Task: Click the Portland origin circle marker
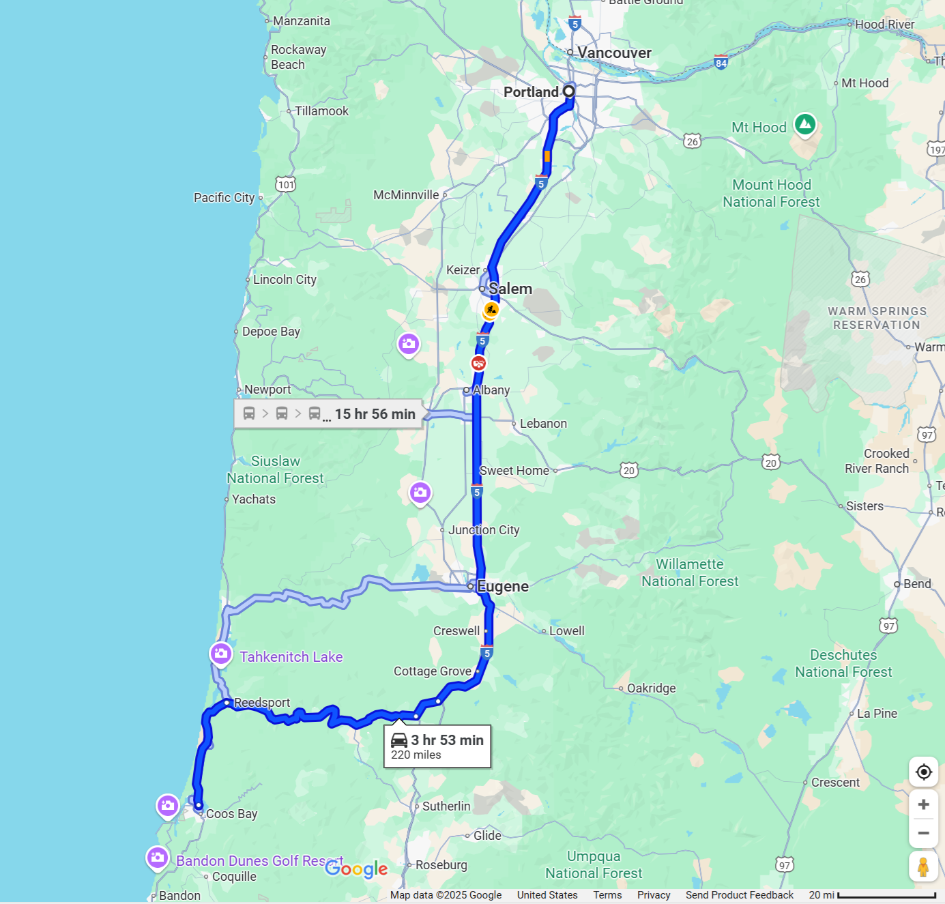(x=568, y=91)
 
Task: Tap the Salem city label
(x=510, y=289)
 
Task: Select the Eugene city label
(x=502, y=586)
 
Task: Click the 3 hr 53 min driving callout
(x=437, y=746)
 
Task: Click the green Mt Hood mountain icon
(x=805, y=124)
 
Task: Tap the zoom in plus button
(x=923, y=804)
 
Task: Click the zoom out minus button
(x=923, y=833)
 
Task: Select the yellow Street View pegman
(x=923, y=866)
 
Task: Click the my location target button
(x=923, y=772)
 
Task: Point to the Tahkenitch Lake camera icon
(x=220, y=654)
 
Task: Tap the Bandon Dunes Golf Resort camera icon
(x=158, y=857)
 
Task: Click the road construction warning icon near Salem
(x=491, y=310)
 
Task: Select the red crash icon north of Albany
(x=479, y=363)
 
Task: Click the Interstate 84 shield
(x=721, y=63)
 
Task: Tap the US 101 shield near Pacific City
(x=286, y=184)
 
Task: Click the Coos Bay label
(x=231, y=814)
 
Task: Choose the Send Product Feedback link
(x=739, y=895)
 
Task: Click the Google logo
(x=356, y=869)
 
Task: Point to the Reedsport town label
(x=262, y=703)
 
